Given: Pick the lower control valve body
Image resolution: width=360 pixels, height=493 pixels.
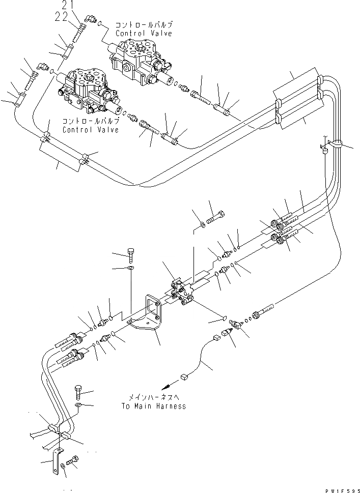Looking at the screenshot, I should [x=84, y=90].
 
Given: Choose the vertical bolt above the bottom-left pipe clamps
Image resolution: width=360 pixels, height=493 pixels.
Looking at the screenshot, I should [x=78, y=392].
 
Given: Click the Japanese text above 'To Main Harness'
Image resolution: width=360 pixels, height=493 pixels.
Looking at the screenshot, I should [x=153, y=398].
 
